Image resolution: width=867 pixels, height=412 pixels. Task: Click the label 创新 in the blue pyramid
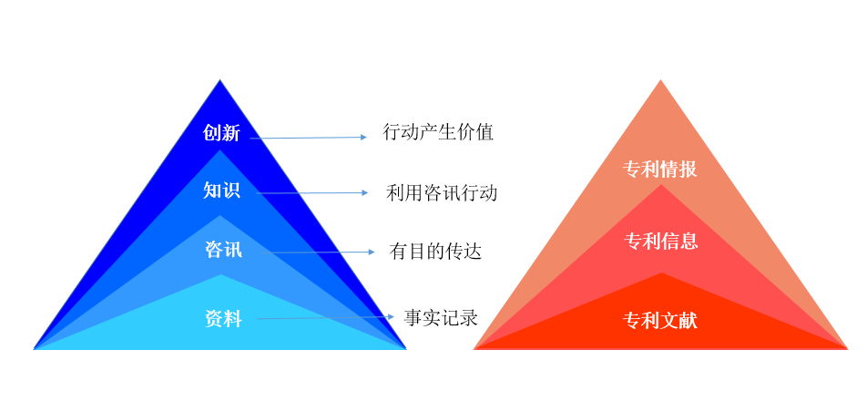(x=221, y=133)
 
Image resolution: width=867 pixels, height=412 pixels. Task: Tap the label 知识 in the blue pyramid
(x=221, y=190)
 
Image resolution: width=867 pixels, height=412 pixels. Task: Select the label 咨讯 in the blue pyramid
(x=223, y=250)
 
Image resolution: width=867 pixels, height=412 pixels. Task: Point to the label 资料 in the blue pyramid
(x=223, y=320)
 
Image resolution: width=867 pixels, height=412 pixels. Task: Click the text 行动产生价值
(x=438, y=132)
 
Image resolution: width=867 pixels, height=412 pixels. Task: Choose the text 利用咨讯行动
(x=441, y=192)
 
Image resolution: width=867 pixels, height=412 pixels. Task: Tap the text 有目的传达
(x=435, y=252)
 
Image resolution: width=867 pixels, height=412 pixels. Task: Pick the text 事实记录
(x=441, y=318)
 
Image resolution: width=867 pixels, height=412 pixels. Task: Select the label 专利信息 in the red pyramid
(x=661, y=241)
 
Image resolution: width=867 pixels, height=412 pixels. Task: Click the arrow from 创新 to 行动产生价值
(x=309, y=138)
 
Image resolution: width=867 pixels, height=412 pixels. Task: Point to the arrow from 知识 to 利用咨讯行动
(x=312, y=192)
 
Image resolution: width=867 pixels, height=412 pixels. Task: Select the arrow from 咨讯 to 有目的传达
(x=317, y=252)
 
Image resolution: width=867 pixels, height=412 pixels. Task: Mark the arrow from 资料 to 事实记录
(x=325, y=318)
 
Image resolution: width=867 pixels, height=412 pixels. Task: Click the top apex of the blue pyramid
(x=220, y=79)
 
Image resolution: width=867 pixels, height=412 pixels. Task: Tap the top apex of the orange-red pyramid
(x=660, y=79)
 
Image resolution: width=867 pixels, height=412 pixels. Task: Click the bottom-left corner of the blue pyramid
(x=34, y=349)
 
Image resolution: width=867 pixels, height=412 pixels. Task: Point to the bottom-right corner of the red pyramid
(x=848, y=348)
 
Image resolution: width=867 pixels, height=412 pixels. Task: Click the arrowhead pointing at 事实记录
(x=391, y=317)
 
